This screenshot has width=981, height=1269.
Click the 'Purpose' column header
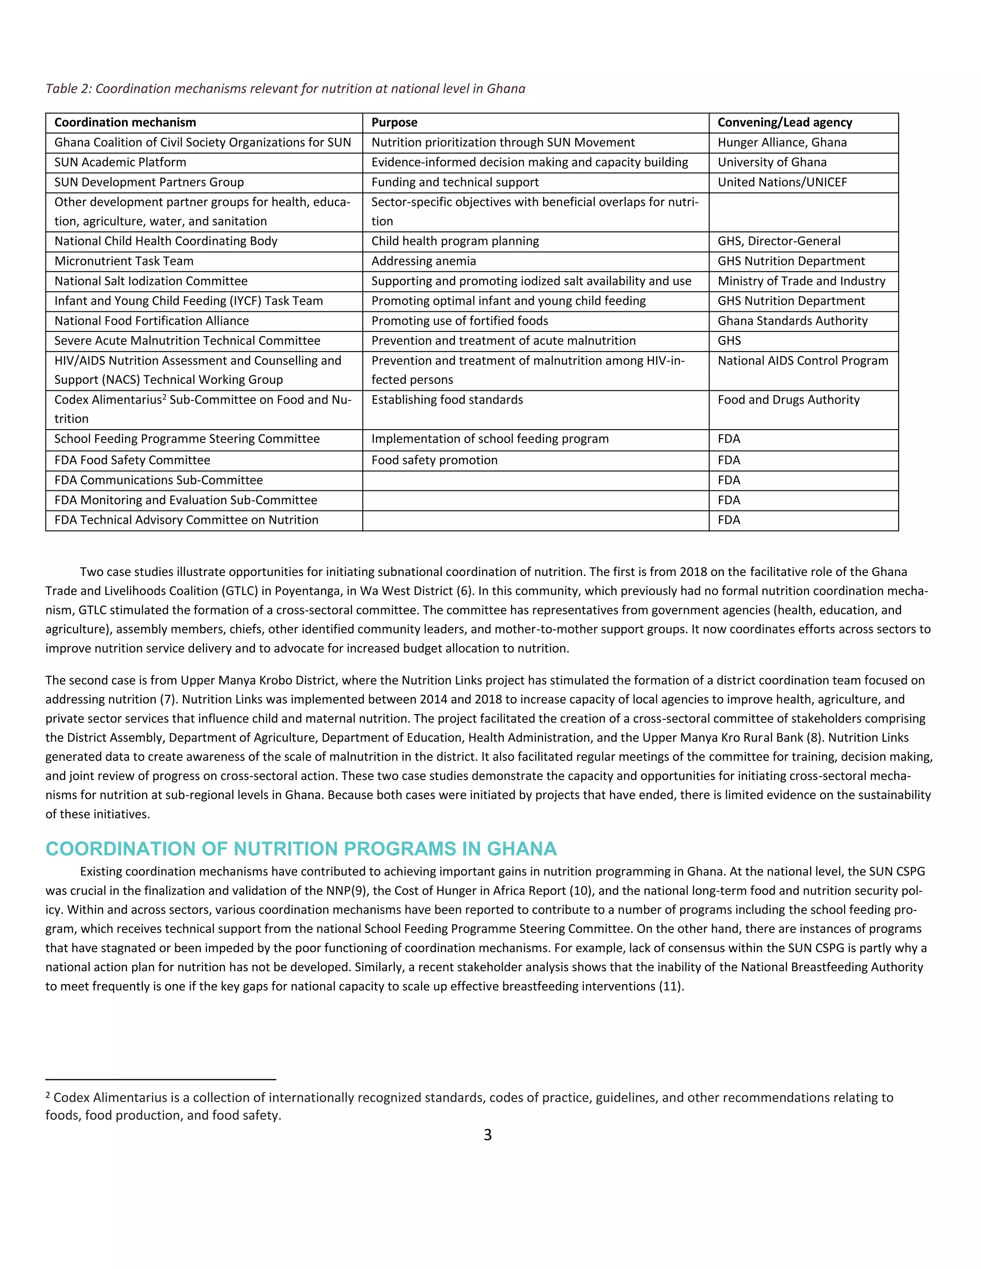pos(394,123)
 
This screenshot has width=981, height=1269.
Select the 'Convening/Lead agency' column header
pos(785,123)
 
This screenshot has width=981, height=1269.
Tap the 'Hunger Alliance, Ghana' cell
pos(782,142)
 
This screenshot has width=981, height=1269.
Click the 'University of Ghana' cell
pos(772,162)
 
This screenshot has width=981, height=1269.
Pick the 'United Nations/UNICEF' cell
pos(782,182)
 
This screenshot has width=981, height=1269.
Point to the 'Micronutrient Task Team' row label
pos(124,261)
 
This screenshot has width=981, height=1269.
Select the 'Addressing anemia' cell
pos(423,261)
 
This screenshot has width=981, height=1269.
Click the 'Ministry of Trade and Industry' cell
pos(801,281)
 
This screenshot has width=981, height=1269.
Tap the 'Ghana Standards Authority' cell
pos(792,321)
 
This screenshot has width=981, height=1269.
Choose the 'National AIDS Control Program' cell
pos(803,361)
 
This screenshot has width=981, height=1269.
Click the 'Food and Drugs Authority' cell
pos(788,400)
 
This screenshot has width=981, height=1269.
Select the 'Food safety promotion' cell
pos(434,460)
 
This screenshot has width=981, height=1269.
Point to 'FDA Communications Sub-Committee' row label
pos(158,480)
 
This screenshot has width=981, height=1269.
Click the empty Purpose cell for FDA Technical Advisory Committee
pos(535,521)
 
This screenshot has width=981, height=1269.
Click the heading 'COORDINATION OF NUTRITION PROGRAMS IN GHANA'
pos(301,849)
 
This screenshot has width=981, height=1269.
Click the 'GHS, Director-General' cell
pos(779,242)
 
